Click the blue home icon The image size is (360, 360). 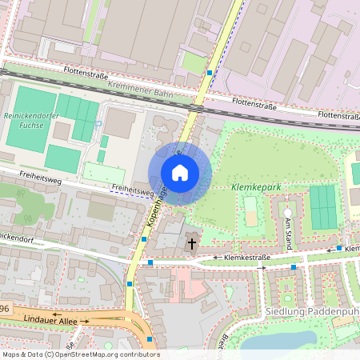(180, 173)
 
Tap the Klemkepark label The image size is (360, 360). (255, 186)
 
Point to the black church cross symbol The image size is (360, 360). (191, 242)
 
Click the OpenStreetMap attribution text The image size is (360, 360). (80, 354)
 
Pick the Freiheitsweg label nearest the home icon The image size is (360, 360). (133, 190)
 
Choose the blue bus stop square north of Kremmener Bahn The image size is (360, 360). (210, 73)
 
